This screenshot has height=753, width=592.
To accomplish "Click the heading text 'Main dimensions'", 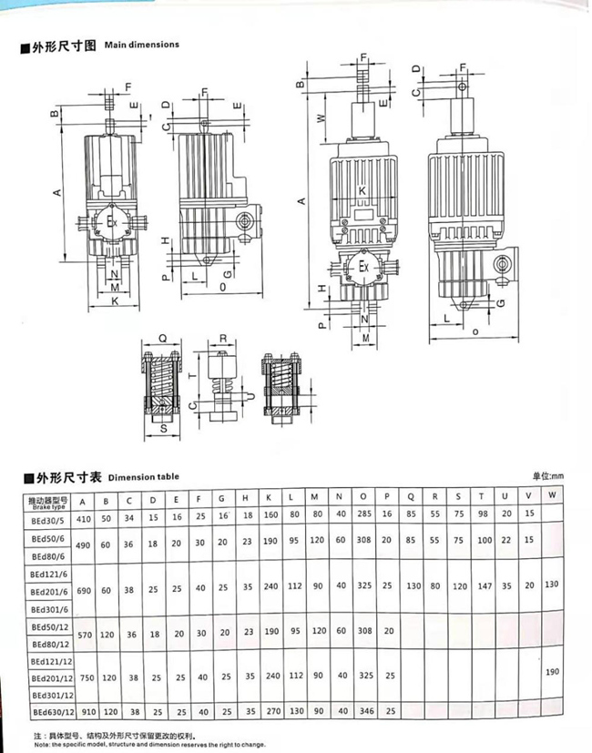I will [141, 44].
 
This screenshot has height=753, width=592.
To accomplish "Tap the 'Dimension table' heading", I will [143, 476].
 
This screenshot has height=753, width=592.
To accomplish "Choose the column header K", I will [270, 500].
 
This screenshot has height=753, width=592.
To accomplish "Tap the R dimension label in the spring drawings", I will [223, 337].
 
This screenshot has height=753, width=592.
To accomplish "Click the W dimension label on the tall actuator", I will [321, 117].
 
